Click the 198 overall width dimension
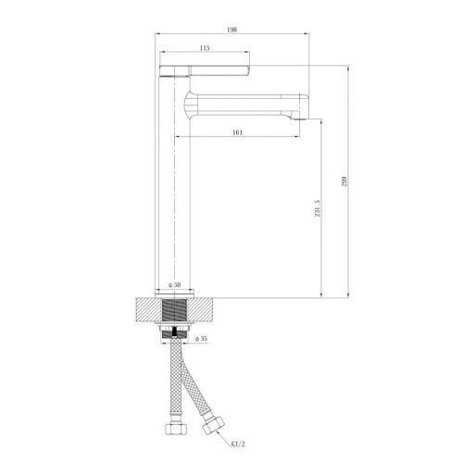(x=231, y=30)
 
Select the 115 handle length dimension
(x=205, y=48)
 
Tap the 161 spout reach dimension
(x=237, y=132)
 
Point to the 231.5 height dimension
(x=318, y=208)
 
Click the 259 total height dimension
(x=344, y=181)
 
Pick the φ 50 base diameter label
(x=175, y=285)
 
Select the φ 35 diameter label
(x=201, y=339)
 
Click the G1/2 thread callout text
(x=238, y=444)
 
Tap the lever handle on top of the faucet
(x=205, y=70)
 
